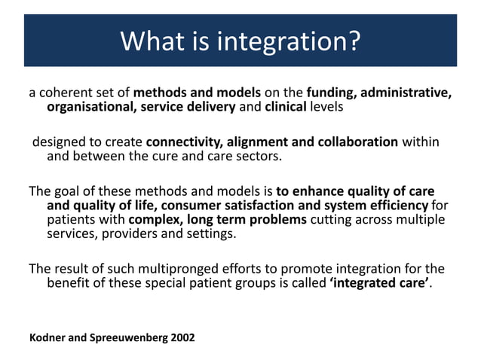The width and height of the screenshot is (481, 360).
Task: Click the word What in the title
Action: point(152,41)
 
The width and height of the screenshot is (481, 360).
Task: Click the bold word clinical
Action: point(286,107)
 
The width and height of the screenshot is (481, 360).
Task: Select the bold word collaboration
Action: point(358,142)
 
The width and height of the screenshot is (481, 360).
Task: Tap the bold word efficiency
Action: point(399,206)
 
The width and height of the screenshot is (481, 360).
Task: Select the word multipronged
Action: point(178,270)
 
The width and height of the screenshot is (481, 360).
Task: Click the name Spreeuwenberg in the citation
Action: point(129,338)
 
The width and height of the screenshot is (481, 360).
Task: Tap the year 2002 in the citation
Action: point(183,337)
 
